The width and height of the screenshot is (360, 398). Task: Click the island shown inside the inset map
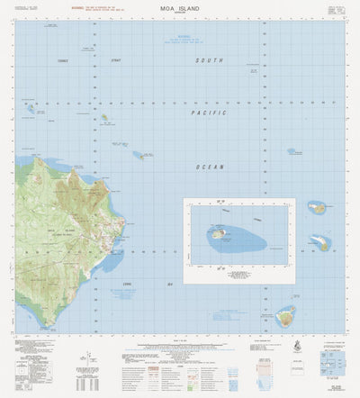click(219, 233)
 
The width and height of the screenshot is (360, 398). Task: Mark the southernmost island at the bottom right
click(286, 316)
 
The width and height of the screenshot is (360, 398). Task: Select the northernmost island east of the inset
click(317, 208)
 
